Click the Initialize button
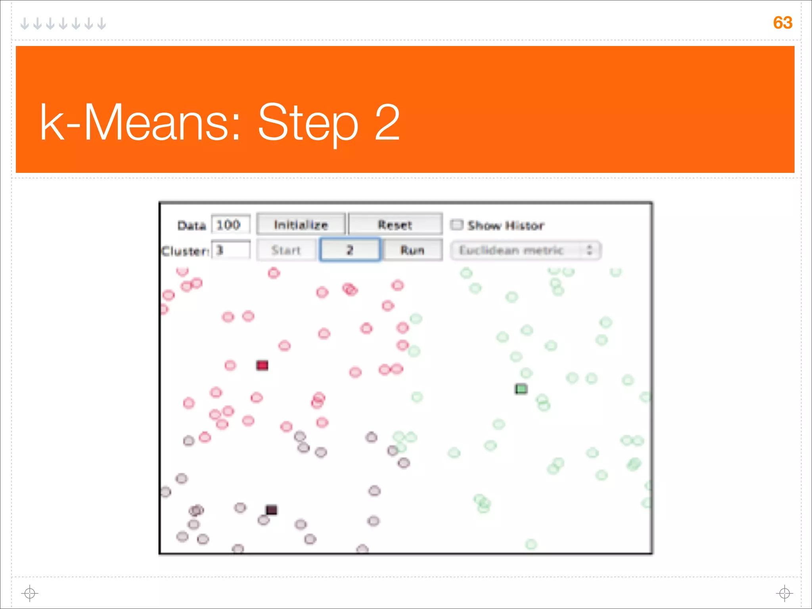(x=301, y=225)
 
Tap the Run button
(x=412, y=250)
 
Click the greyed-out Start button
(x=286, y=250)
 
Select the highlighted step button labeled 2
(x=350, y=250)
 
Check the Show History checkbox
(x=457, y=225)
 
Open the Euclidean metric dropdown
(x=526, y=251)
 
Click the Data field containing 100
(x=230, y=225)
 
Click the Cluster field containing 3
(x=230, y=250)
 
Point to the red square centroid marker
(x=262, y=365)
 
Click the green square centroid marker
(x=521, y=389)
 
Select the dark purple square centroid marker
(x=271, y=509)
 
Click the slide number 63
(x=782, y=23)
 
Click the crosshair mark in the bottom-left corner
(x=30, y=593)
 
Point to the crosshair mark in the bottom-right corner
(x=784, y=593)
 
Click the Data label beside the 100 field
(x=192, y=226)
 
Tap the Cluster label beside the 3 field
(x=185, y=251)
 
